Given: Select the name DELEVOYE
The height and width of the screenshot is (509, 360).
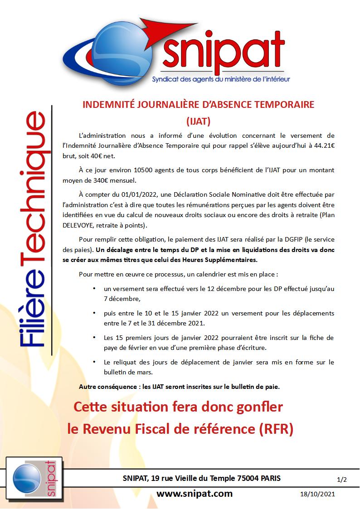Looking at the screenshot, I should [82, 226].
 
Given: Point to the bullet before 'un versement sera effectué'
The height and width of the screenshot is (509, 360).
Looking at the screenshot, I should [94, 288].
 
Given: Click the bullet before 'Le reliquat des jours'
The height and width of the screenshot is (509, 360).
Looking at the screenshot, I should [94, 362].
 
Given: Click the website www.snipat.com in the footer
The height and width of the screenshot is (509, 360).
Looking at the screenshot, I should [195, 493].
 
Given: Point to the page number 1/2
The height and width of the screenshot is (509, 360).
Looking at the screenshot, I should [342, 479].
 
